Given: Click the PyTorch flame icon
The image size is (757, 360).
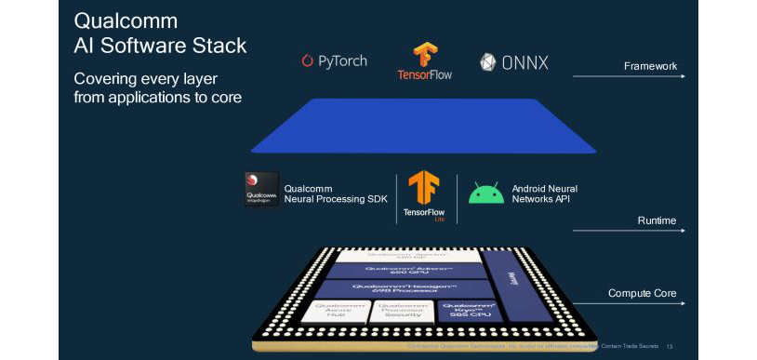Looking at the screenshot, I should pos(308,61).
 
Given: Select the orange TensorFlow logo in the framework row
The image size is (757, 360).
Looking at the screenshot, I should pos(425,55).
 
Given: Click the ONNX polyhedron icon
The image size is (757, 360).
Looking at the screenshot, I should pos(488,62).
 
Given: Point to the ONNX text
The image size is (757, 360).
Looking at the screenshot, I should pos(525,62).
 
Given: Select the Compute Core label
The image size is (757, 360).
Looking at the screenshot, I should pos(642,294).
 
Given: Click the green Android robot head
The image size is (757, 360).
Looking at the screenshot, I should pos(486,193).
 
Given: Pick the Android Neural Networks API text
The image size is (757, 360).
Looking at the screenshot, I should pos(545,194).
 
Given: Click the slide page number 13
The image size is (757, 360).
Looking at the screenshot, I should pos(670,346).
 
